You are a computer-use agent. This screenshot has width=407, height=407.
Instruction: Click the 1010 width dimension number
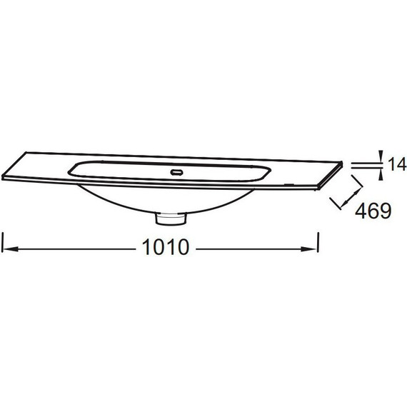(x=166, y=247)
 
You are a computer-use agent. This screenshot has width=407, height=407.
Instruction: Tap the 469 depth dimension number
(x=373, y=211)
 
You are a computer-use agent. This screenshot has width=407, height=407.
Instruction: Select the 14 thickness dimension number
(x=396, y=164)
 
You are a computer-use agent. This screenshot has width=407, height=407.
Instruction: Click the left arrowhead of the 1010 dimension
(x=11, y=249)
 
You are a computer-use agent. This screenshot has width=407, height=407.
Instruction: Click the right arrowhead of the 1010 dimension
(x=309, y=249)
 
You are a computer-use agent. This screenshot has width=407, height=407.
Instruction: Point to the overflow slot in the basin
(x=177, y=172)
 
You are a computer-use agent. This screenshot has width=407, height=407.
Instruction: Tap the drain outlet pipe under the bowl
(x=171, y=218)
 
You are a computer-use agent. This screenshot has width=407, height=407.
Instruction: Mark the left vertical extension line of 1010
(x=2, y=243)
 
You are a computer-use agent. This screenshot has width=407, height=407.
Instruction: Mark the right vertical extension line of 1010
(x=318, y=243)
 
